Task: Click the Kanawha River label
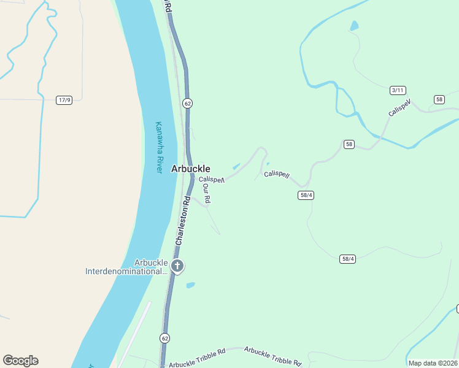pos(158,147)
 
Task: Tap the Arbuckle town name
pos(190,169)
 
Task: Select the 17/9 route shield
pos(64,100)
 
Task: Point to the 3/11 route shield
pos(398,90)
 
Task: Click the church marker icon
pos(177,266)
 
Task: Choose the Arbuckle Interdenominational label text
pos(126,267)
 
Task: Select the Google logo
pos(20,361)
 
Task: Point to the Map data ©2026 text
pos(432,363)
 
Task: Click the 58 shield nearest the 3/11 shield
pos(439,99)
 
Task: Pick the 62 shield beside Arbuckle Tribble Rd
pos(164,338)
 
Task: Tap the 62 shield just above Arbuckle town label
pos(187,103)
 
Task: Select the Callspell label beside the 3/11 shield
pos(399,109)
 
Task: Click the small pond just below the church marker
pos(190,285)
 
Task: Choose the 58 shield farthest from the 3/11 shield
pos(349,144)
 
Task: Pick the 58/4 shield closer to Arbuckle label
pos(306,195)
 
